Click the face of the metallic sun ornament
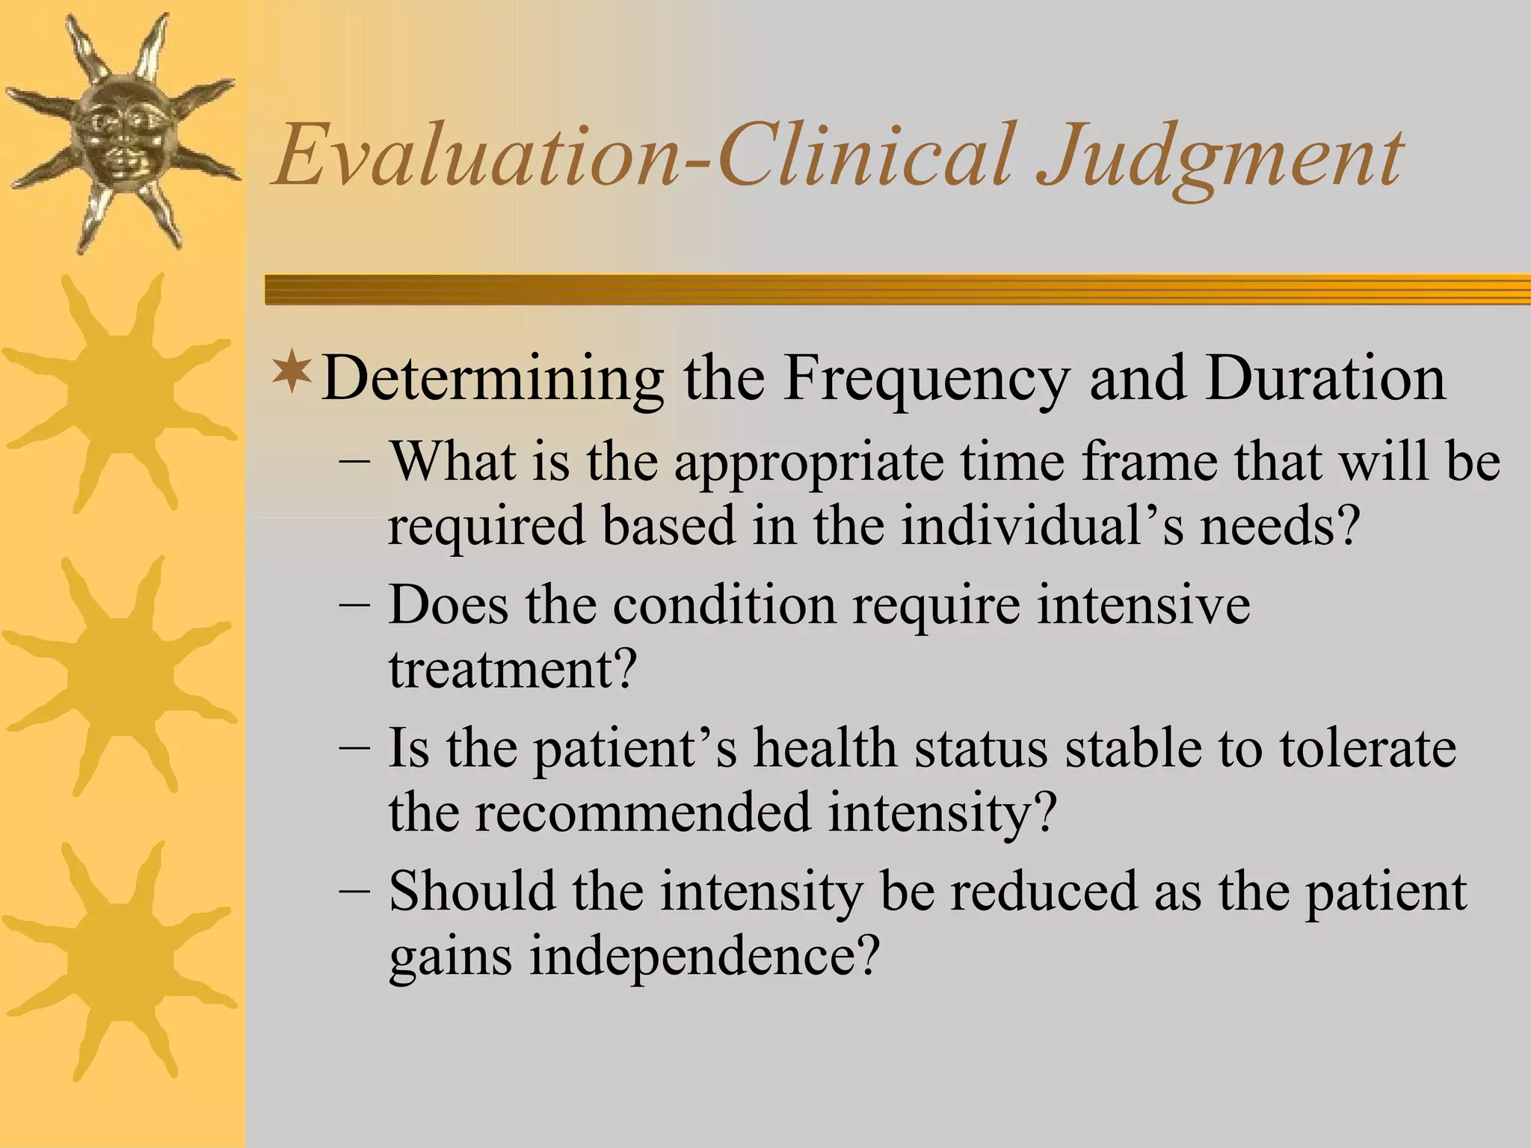point(120,135)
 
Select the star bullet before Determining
point(292,374)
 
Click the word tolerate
point(1367,747)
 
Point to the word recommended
point(642,812)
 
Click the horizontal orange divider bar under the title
point(897,289)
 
